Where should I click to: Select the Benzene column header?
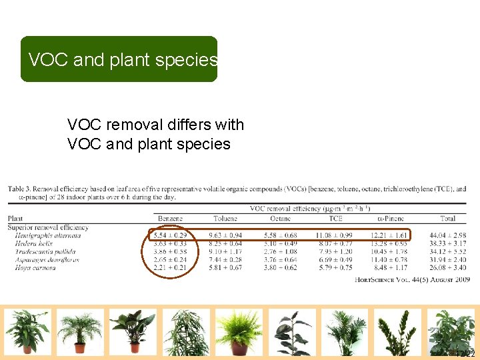pyautogui.click(x=170, y=218)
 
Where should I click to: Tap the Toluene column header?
pyautogui.click(x=225, y=218)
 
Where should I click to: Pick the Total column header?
pyautogui.click(x=448, y=218)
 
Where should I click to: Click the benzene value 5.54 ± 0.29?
pyautogui.click(x=170, y=235)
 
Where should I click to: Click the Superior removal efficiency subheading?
pyautogui.click(x=48, y=227)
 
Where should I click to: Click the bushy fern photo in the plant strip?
pyautogui.click(x=239, y=331)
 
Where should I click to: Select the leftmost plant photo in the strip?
pyautogui.click(x=27, y=331)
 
